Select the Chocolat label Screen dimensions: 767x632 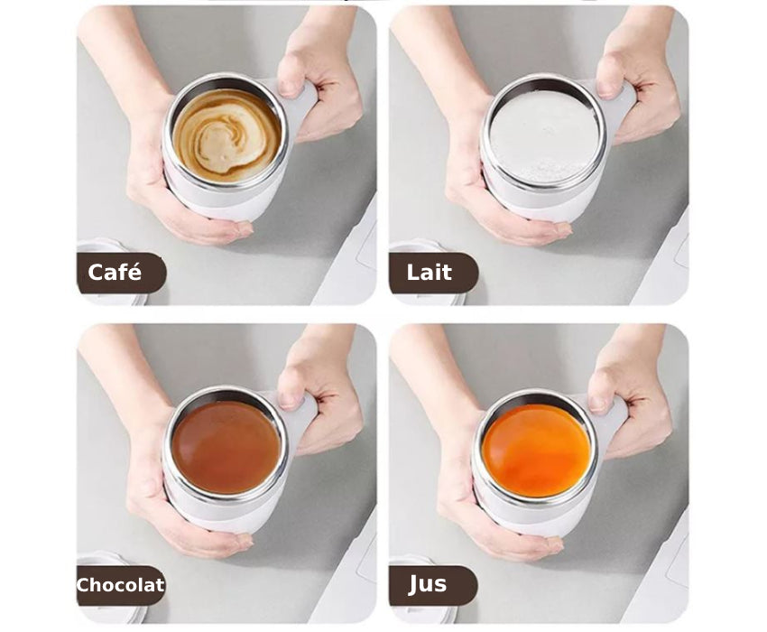click(120, 585)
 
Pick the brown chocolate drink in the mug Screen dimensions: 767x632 click(226, 447)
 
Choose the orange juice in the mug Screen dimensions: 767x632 click(537, 450)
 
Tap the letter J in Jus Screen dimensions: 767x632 click(414, 585)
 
